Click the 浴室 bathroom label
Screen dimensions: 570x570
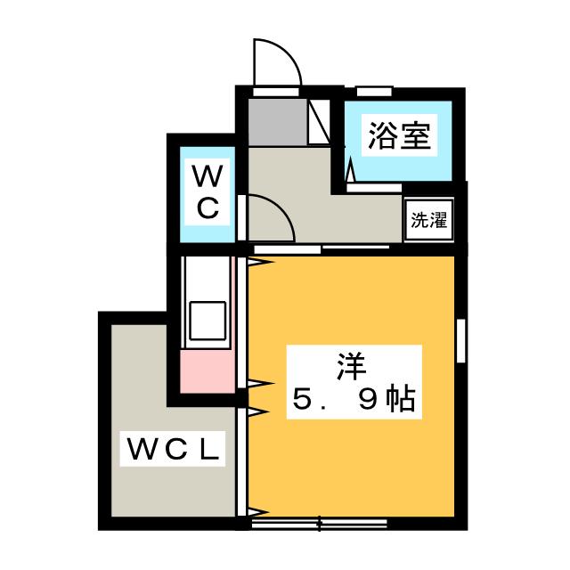pos(398,137)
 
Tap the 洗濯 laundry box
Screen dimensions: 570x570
pos(428,220)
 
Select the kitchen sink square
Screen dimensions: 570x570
pos(207,320)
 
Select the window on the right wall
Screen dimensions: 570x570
pos(461,339)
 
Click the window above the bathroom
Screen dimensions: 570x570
pos(374,91)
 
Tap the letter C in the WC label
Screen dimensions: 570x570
pos(207,209)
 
